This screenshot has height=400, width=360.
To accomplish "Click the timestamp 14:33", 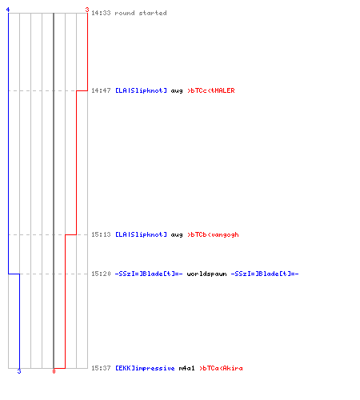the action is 101,13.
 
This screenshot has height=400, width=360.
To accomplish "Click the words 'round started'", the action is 141,13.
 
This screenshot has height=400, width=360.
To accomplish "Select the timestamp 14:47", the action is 101,90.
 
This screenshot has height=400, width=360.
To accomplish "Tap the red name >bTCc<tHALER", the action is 211,90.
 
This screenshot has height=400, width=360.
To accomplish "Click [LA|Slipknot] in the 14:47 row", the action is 141,90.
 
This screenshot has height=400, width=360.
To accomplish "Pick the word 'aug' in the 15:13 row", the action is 177,235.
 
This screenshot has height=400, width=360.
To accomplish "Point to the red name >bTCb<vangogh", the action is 213,234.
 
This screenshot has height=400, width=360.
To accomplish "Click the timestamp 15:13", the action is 101,234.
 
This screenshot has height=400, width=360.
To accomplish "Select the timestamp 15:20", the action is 101,274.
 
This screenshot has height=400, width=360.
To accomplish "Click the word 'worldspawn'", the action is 206,274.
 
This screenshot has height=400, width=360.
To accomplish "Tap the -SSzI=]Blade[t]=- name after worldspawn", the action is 265,274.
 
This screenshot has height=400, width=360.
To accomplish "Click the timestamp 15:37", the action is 101,368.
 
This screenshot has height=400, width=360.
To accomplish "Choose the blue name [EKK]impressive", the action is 145,368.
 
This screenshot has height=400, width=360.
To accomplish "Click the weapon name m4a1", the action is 186,368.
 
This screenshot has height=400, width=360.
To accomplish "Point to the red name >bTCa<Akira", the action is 221,368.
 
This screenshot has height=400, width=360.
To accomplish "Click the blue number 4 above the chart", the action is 8,10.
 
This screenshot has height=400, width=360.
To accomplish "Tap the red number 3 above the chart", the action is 87,10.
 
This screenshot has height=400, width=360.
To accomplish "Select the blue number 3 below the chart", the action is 19,371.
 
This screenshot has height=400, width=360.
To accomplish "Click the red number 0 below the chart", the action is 54,371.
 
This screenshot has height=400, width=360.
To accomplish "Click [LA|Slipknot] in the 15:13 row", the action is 141,234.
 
